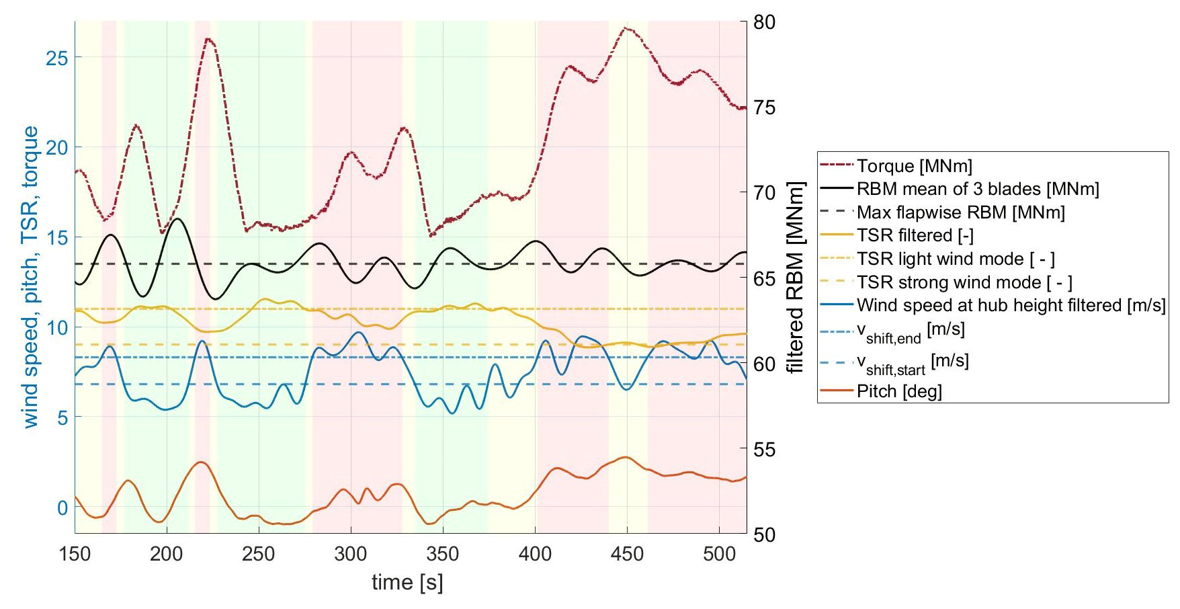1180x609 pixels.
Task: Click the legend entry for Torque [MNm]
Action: [x=914, y=166]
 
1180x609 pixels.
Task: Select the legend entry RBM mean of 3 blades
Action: [x=977, y=189]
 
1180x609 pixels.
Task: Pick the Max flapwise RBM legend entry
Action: [x=960, y=212]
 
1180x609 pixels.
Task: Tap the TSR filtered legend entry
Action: [x=915, y=235]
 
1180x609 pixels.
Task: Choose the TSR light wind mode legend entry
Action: [x=955, y=259]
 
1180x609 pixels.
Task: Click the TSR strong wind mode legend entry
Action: [x=964, y=282]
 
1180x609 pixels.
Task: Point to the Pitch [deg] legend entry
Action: [x=898, y=391]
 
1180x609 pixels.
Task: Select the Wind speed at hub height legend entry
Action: [x=1010, y=305]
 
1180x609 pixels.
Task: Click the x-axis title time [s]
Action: [x=407, y=582]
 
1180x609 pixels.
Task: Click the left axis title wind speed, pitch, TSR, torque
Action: [x=30, y=277]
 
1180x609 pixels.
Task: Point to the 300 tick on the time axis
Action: [x=351, y=555]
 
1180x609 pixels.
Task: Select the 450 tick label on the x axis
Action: [x=626, y=555]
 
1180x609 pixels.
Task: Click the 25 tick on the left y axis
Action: [x=57, y=58]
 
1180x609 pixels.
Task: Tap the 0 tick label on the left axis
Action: [x=62, y=507]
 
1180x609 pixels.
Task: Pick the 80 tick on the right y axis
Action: [x=764, y=22]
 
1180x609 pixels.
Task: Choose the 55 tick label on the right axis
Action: [x=764, y=450]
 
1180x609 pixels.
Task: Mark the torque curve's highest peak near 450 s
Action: [x=626, y=28]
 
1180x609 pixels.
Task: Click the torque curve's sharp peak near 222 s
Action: [x=208, y=39]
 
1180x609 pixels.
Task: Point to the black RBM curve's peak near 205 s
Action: [x=177, y=218]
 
